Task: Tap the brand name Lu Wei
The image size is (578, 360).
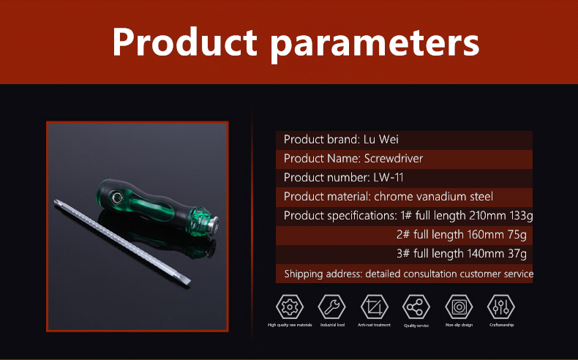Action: (380, 139)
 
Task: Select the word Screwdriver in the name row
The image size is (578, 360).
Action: (394, 159)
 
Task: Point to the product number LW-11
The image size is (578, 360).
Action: (389, 178)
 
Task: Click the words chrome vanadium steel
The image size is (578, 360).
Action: (433, 196)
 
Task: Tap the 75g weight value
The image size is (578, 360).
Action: (517, 235)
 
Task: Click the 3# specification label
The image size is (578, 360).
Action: (403, 253)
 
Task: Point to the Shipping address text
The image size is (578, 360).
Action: (323, 274)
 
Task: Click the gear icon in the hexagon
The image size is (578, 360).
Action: (290, 307)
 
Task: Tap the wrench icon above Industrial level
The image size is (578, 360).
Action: (331, 307)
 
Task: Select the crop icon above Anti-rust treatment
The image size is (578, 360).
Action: (374, 307)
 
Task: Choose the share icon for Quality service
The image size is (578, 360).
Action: (416, 307)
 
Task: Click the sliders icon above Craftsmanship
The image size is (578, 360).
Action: (501, 307)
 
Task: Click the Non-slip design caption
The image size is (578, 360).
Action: (459, 325)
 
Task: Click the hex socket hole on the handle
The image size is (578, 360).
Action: (117, 198)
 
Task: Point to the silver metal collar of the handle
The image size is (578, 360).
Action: (213, 225)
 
